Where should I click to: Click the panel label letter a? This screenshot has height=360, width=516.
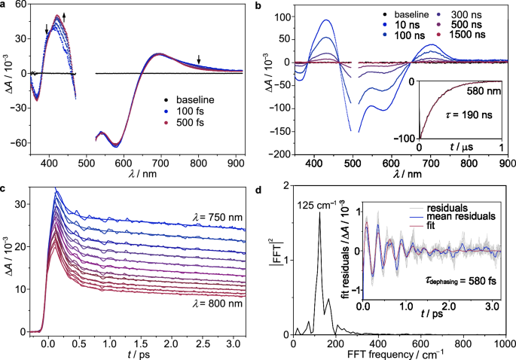(4, 5)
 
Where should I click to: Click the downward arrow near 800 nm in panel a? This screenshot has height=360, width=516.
(199, 60)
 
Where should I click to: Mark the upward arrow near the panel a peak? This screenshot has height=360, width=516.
(64, 16)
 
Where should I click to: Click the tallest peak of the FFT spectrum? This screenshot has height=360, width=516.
(319, 213)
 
